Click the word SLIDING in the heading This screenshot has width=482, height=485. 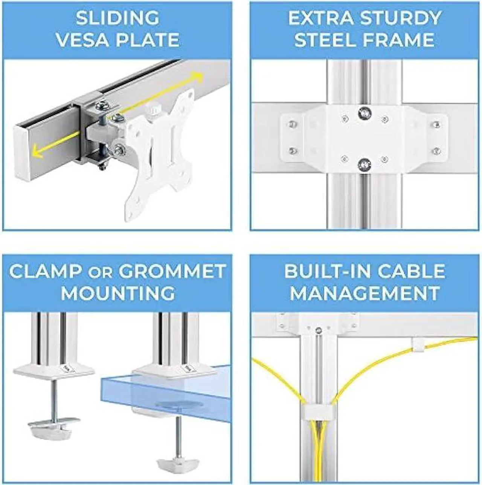(117, 18)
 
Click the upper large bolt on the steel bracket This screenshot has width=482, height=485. (364, 113)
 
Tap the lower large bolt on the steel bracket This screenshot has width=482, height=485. (364, 164)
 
